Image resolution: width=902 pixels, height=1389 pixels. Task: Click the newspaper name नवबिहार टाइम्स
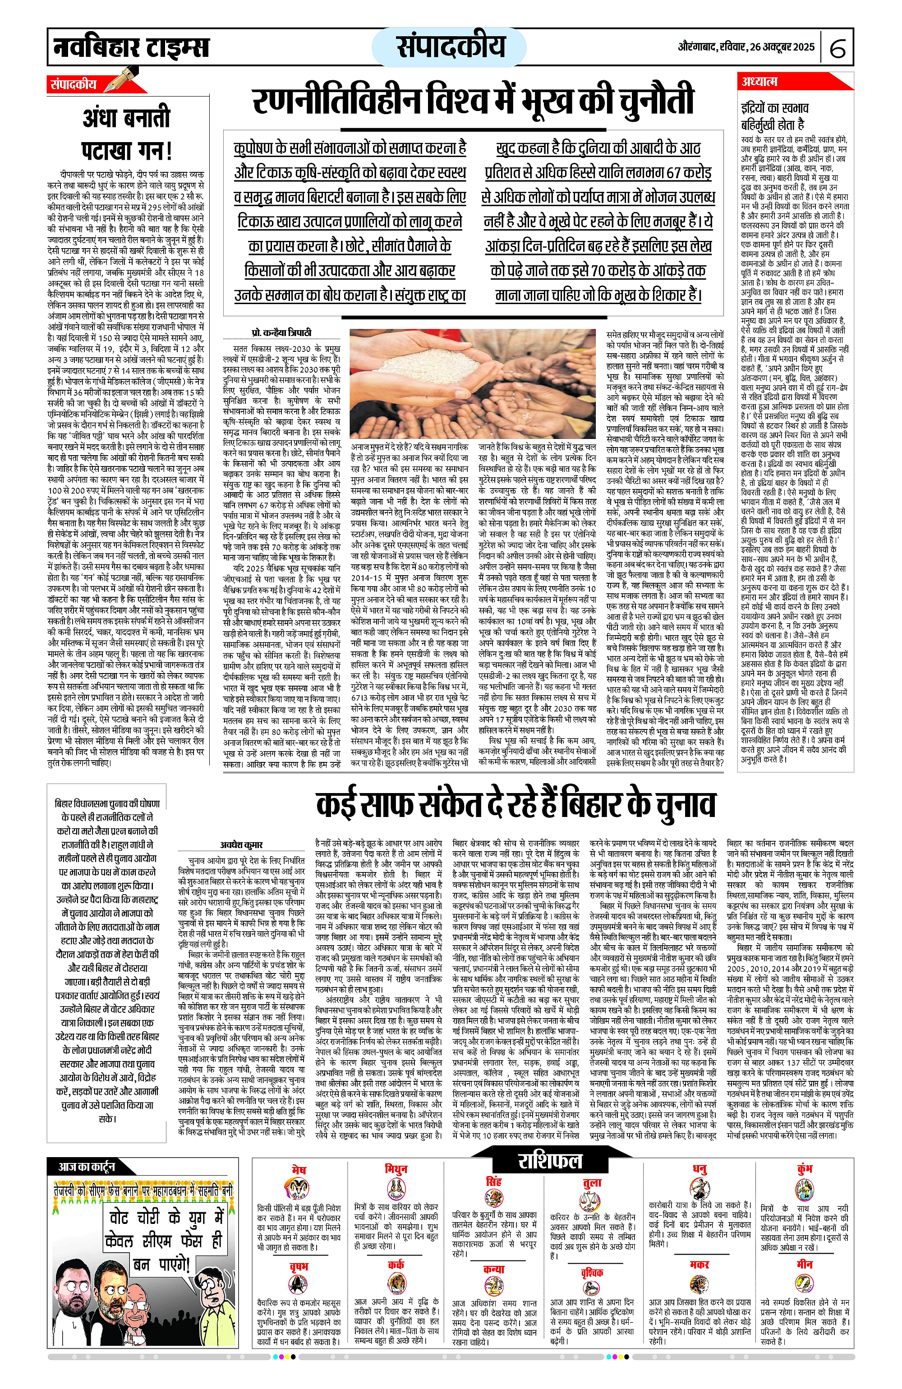click(x=131, y=46)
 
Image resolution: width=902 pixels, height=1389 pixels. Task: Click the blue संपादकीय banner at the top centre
click(x=450, y=46)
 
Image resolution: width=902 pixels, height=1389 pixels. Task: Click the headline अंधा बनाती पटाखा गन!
click(x=127, y=135)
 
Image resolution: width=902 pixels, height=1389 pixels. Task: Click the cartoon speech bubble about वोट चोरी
click(x=165, y=1234)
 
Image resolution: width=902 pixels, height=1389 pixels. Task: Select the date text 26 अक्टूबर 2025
click(x=773, y=46)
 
